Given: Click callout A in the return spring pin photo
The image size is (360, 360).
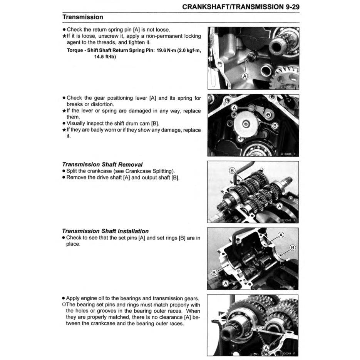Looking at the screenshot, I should (x=244, y=75).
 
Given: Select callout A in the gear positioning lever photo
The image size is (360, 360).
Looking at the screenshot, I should (x=234, y=108).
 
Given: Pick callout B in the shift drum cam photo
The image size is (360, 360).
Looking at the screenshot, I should (x=275, y=126).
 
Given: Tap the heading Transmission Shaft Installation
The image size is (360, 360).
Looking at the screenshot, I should (x=105, y=231).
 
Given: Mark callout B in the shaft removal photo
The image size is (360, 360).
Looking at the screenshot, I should (x=232, y=170).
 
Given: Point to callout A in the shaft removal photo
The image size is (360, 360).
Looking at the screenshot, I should (x=280, y=206).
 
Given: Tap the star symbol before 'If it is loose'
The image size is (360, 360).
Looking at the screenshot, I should (x=64, y=36).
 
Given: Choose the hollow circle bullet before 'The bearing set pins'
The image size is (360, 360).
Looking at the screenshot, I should (x=64, y=305).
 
